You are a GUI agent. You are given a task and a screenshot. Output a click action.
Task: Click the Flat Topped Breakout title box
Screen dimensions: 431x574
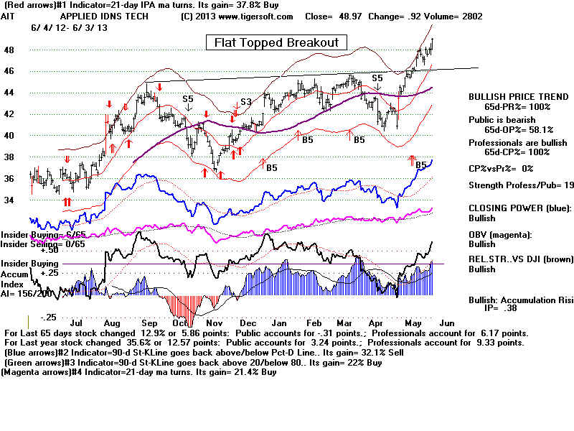pos(276,42)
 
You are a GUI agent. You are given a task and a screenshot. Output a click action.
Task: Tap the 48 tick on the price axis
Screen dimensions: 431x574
pos(9,50)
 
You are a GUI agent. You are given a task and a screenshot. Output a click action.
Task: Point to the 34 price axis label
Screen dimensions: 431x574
pos(9,200)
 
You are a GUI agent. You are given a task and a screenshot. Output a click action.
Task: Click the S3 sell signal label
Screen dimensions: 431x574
pos(245,102)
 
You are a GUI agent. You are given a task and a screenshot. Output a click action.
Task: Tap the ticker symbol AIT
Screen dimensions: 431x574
pos(11,16)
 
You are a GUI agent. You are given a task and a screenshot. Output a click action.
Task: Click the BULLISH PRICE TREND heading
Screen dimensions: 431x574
pos(508,96)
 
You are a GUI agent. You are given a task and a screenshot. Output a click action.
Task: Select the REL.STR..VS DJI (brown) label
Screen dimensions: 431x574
pos(513,259)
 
